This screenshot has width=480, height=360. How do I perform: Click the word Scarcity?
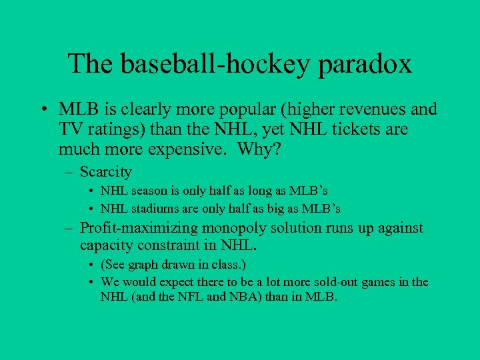105,172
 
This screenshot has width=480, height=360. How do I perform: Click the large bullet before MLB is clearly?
43,109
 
